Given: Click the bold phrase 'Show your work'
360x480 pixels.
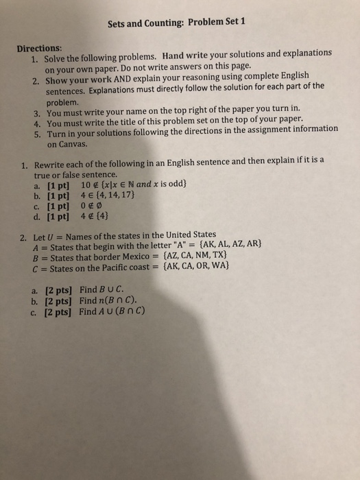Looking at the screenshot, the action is [76, 80].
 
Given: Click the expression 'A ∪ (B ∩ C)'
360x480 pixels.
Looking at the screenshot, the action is [122, 311].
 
